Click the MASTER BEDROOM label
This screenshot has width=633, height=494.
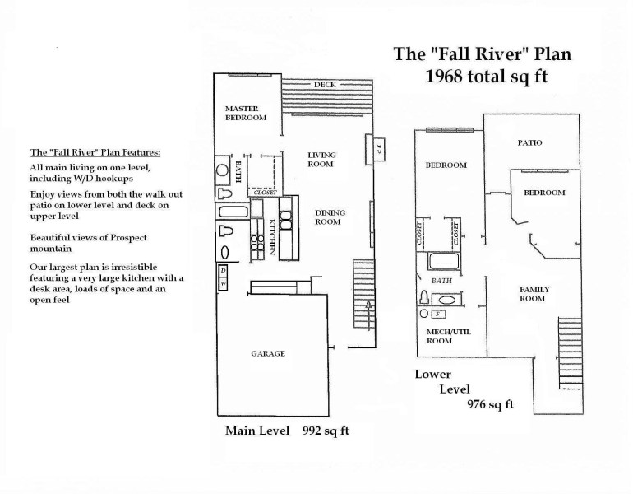click(x=246, y=112)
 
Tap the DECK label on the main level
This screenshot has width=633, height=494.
click(x=323, y=85)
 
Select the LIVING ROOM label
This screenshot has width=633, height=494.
click(x=321, y=160)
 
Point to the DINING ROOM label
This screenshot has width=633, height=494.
click(x=330, y=217)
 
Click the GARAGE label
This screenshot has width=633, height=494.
click(x=267, y=353)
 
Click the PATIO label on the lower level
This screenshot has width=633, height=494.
click(x=529, y=142)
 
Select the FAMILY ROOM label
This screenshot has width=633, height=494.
click(x=534, y=294)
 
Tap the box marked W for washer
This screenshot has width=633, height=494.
click(x=223, y=285)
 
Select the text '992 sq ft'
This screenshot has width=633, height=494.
click(x=325, y=431)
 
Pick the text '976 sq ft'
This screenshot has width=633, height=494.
click(x=490, y=403)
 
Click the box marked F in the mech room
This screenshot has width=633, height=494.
click(x=438, y=314)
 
